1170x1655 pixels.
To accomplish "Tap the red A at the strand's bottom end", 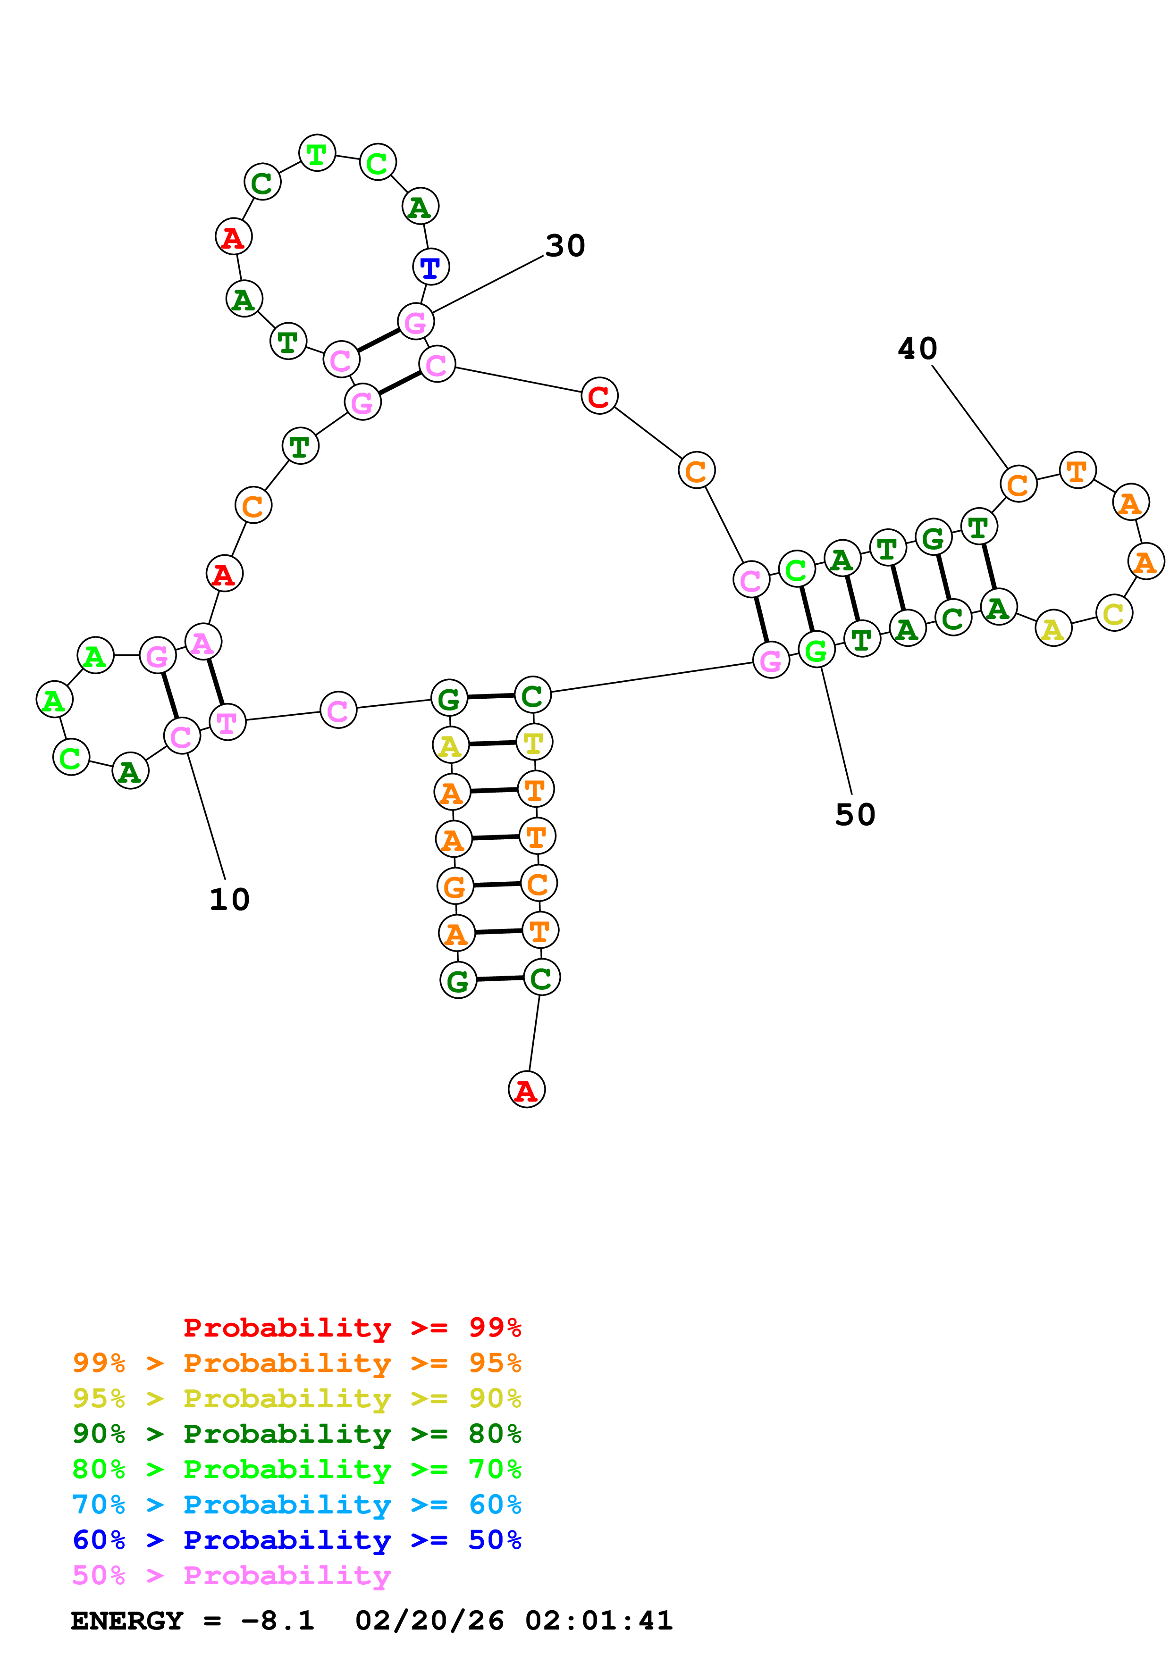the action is click(x=526, y=1089).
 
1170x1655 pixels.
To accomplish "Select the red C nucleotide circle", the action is click(x=599, y=396).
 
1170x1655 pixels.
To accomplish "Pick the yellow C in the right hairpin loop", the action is click(x=1114, y=613).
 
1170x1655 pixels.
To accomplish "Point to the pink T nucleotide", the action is click(x=227, y=721).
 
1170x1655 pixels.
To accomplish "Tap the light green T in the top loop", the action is click(x=317, y=153).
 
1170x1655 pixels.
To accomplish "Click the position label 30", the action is click(x=565, y=246).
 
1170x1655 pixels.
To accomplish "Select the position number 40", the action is click(x=917, y=349).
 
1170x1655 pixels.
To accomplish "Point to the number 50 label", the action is click(x=855, y=814).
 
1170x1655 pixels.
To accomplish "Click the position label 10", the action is click(x=229, y=899).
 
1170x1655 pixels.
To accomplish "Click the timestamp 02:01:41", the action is click(x=598, y=1621).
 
